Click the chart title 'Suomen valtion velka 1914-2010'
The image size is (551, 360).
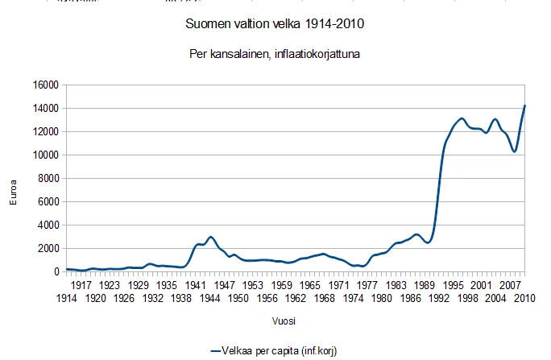[x=275, y=24]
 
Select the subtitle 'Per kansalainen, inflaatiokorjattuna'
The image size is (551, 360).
[x=275, y=56]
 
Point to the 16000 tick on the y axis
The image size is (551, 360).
[x=45, y=85]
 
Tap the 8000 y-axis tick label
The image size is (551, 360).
[x=48, y=179]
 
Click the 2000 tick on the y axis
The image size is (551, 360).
[x=48, y=249]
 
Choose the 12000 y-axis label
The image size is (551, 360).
[x=45, y=132]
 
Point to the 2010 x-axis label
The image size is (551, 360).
[x=525, y=298]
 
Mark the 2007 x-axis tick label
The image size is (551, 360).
[x=511, y=285]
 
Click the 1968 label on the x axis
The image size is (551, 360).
[x=325, y=298]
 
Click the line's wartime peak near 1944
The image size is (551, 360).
[x=210, y=237]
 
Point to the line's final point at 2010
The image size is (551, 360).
[x=524, y=106]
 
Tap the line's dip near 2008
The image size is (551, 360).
[x=514, y=151]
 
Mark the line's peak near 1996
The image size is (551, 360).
[x=461, y=118]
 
